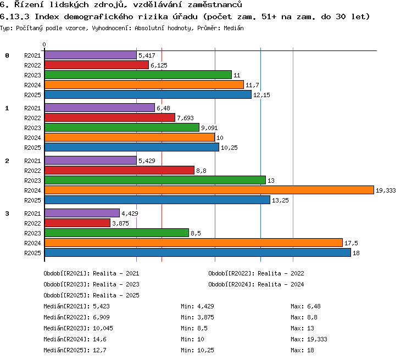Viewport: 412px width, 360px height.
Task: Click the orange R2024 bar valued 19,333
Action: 209,190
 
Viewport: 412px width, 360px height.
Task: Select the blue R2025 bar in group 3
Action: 198,252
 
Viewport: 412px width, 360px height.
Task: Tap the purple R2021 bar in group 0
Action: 91,55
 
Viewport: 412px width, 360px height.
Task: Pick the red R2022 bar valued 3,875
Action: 77,223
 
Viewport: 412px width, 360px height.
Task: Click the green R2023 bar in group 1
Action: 122,127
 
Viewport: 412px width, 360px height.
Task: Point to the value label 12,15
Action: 261,95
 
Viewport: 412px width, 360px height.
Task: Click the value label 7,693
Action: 185,118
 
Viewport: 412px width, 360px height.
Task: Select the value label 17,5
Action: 351,243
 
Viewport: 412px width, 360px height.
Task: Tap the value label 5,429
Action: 147,161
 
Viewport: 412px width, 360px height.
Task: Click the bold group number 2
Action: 7,161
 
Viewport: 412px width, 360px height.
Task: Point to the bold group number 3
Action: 7,213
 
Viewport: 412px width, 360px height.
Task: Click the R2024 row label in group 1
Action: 32,138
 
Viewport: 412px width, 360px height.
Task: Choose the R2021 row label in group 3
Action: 32,213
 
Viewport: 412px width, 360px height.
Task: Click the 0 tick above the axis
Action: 44,44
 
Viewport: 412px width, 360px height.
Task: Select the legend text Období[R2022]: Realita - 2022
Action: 256,273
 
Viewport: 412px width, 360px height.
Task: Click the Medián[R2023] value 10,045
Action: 103,328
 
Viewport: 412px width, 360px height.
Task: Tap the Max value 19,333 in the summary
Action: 317,339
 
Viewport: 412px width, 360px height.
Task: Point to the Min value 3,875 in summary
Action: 205,317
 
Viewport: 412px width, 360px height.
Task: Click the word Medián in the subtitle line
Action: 233,28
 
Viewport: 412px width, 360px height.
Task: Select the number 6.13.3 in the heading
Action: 14,16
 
